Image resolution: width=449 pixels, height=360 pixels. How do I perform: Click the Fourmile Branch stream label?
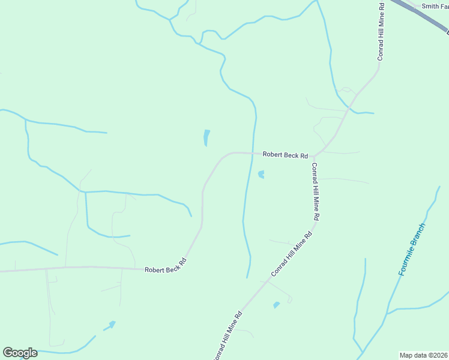tap(412, 250)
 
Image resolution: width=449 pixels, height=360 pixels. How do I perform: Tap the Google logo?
tap(20, 353)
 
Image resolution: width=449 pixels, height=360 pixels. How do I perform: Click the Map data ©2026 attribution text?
tap(424, 355)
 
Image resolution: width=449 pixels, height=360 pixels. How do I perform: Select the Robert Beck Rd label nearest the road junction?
tap(285, 155)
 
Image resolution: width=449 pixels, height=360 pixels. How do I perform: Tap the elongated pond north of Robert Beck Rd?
tap(206, 137)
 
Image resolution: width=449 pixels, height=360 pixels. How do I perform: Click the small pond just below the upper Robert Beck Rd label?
tap(261, 175)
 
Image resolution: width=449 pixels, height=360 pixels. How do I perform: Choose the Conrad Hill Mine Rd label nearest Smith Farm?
tap(381, 31)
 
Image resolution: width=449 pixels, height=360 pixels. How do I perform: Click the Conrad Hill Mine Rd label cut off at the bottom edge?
tap(228, 336)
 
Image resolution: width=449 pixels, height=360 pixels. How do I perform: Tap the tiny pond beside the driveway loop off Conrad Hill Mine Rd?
tap(276, 305)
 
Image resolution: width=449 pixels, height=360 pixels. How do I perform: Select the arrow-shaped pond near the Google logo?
tap(110, 326)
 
